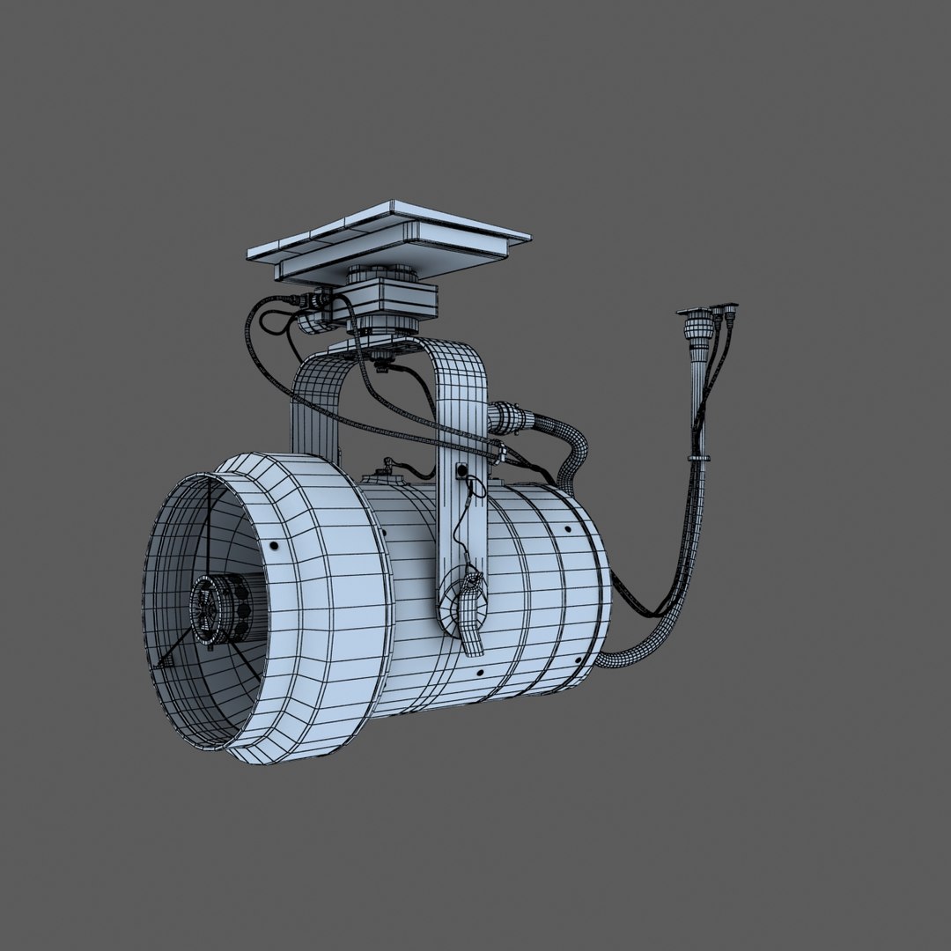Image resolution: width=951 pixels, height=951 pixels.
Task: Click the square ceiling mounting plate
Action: click(387, 236)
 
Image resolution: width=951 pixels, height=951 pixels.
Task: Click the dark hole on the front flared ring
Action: click(276, 547)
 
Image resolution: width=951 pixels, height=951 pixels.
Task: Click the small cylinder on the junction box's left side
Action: click(307, 324)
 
